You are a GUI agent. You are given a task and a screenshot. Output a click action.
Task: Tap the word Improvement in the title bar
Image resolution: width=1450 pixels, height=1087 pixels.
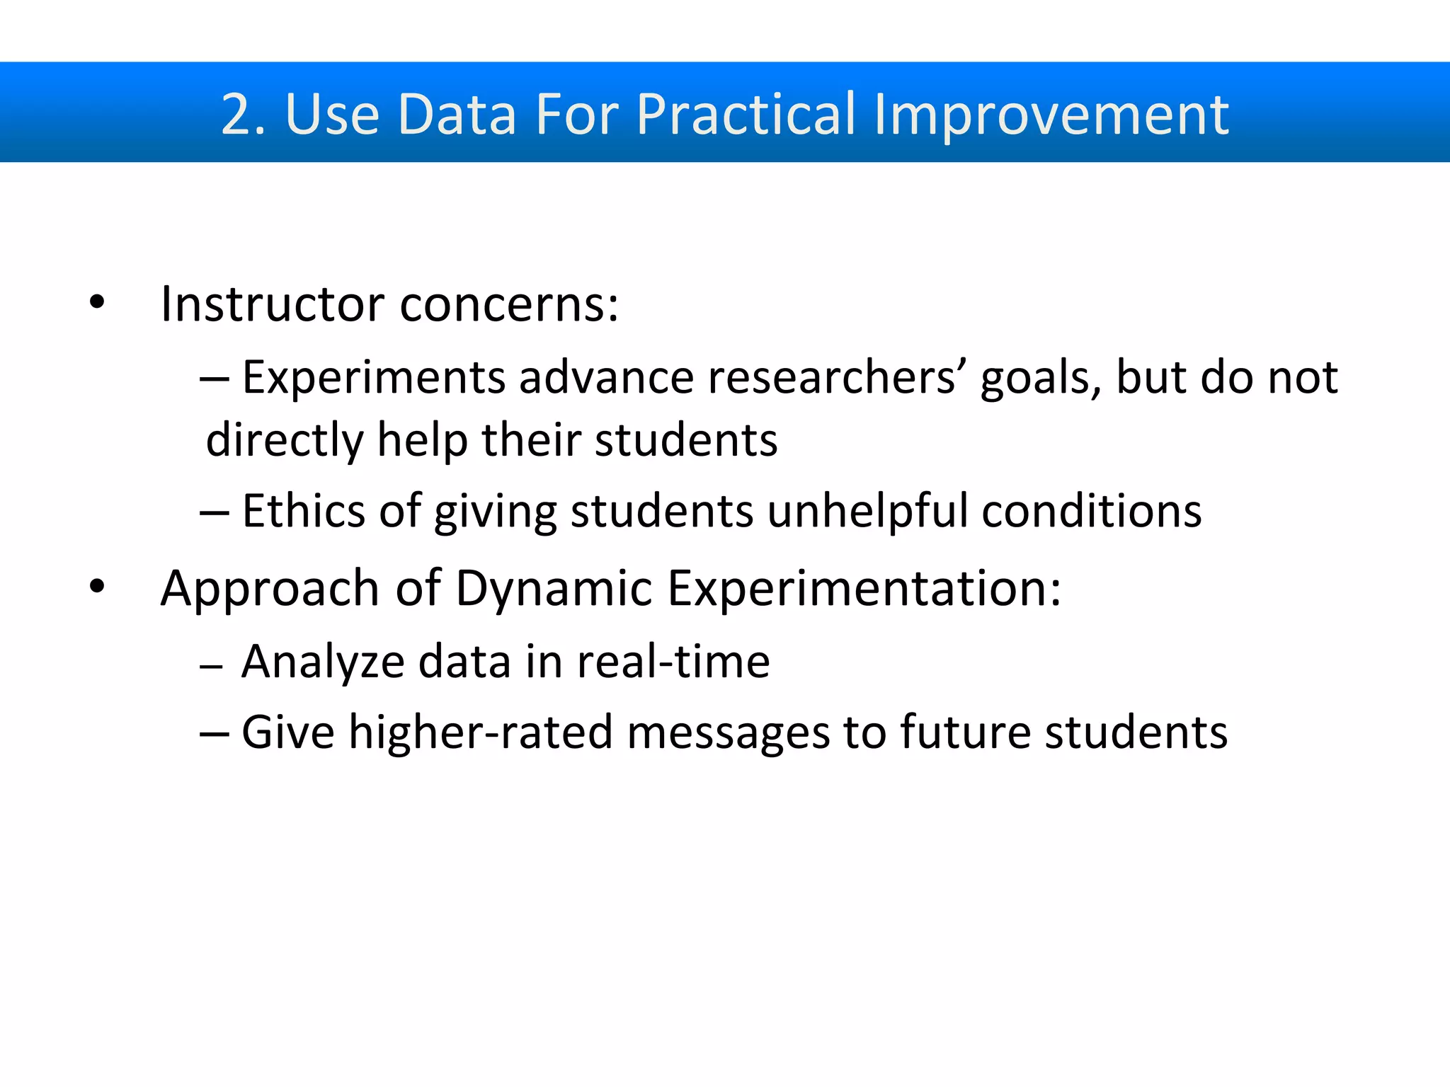1051,115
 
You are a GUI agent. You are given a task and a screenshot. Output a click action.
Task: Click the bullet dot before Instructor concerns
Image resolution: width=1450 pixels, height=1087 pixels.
97,304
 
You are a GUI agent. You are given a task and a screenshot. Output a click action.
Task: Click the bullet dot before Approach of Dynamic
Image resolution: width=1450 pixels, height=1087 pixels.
97,587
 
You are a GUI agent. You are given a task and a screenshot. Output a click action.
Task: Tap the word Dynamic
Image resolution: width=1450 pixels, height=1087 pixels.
553,589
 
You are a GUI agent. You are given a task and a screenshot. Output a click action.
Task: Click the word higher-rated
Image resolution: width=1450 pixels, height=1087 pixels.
481,732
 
